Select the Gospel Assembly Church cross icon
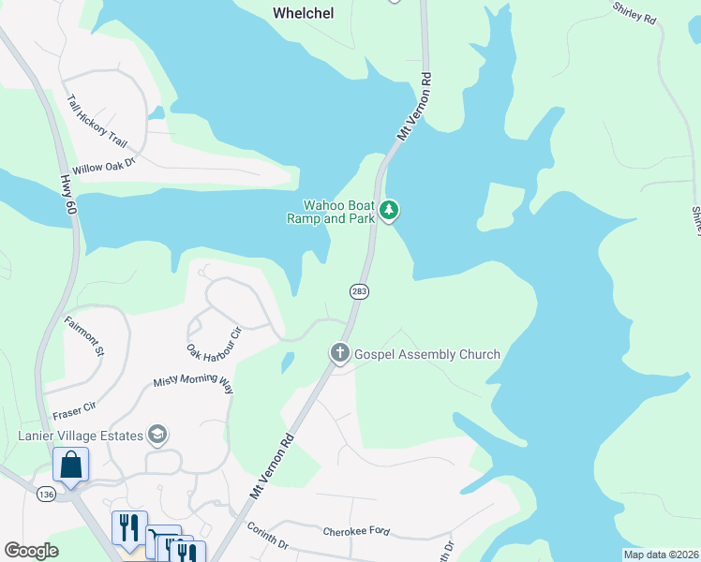[x=339, y=353]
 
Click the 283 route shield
[x=360, y=291]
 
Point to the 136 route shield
[x=45, y=493]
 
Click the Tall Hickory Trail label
[x=96, y=120]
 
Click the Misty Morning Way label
[x=193, y=381]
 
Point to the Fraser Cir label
[x=77, y=408]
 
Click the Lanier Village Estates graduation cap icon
[x=158, y=435]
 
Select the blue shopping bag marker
[x=71, y=464]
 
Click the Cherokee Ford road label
[x=355, y=530]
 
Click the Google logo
[x=31, y=551]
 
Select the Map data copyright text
[x=661, y=555]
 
